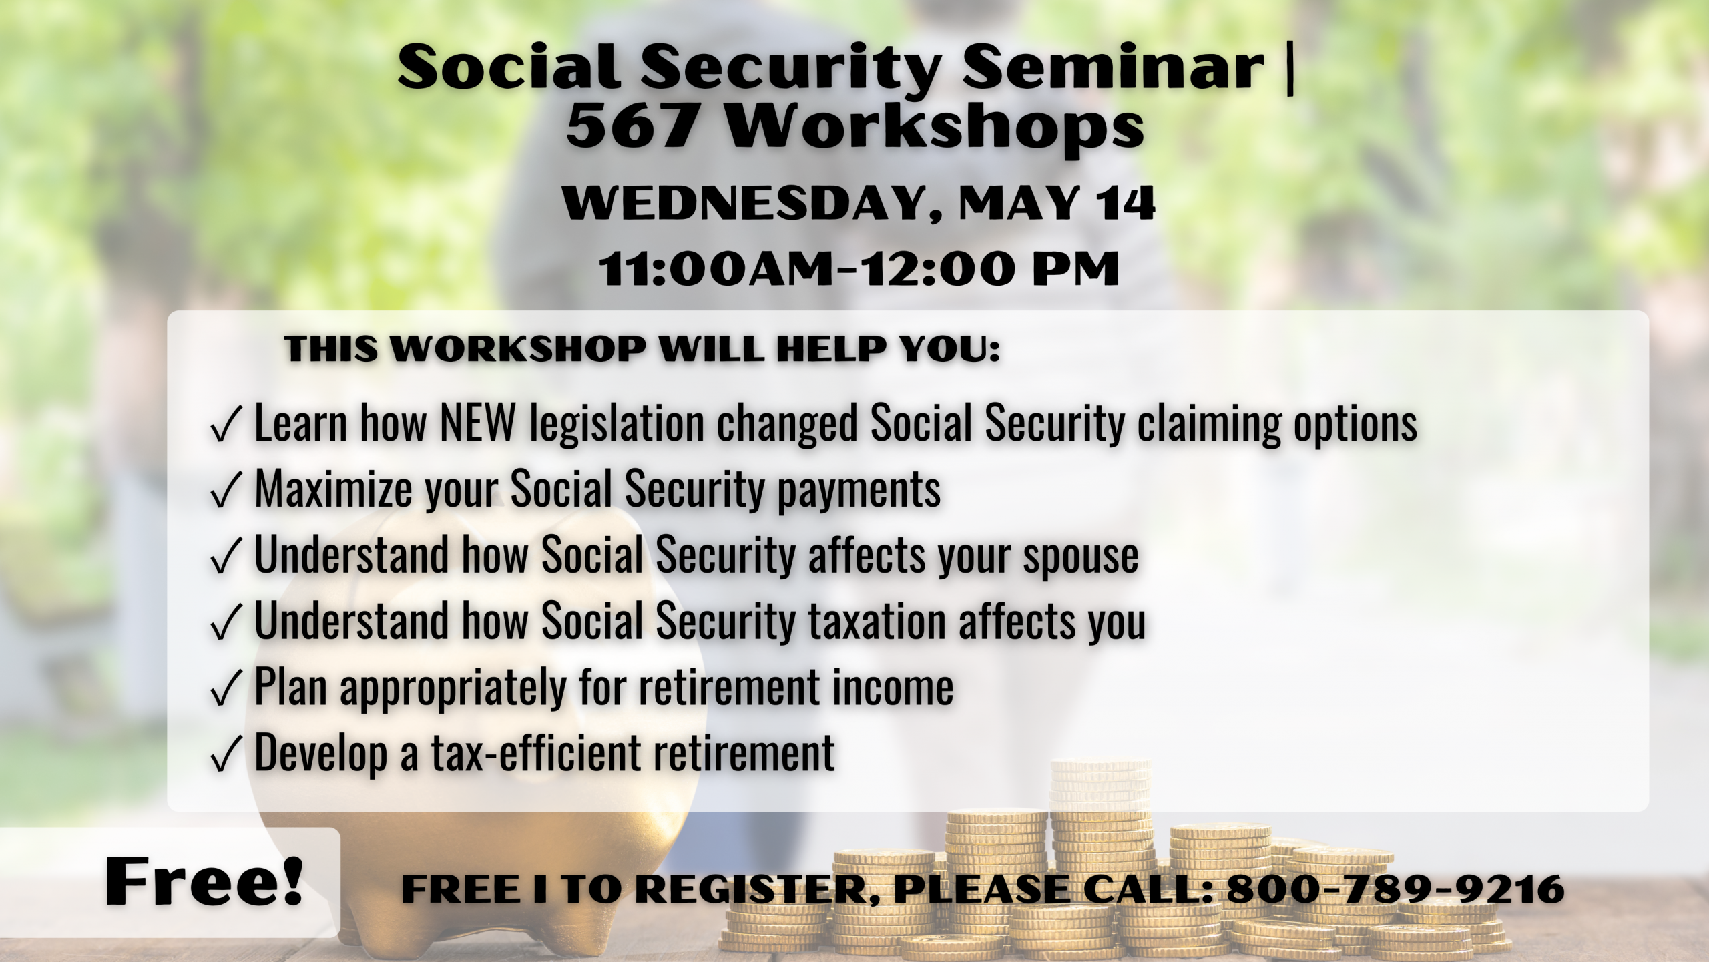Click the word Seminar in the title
point(1112,67)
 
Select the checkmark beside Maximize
point(225,490)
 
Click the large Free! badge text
point(204,882)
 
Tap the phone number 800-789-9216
point(1395,889)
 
